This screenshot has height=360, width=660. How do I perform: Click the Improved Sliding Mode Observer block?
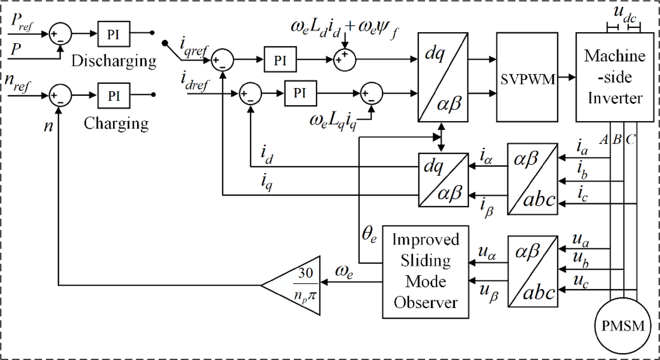pyautogui.click(x=420, y=271)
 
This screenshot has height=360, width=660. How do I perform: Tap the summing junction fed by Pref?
pyautogui.click(x=60, y=34)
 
